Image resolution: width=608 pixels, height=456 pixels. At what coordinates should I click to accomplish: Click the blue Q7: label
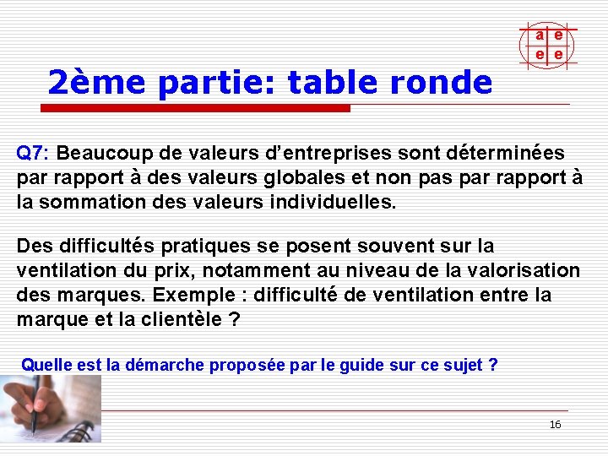click(34, 154)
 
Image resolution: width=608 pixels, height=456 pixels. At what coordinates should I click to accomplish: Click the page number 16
click(555, 425)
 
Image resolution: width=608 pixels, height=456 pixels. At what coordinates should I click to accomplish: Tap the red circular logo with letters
click(548, 44)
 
